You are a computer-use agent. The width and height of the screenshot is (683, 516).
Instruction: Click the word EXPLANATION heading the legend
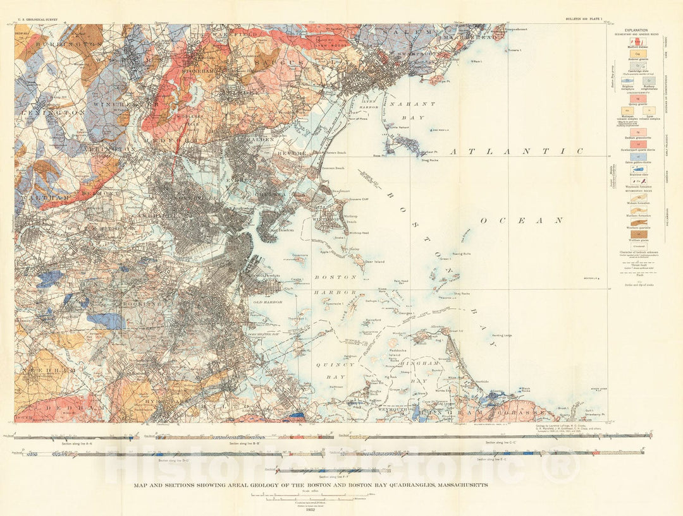coord(636,30)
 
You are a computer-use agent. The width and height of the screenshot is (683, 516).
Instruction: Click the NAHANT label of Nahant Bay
coord(413,103)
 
